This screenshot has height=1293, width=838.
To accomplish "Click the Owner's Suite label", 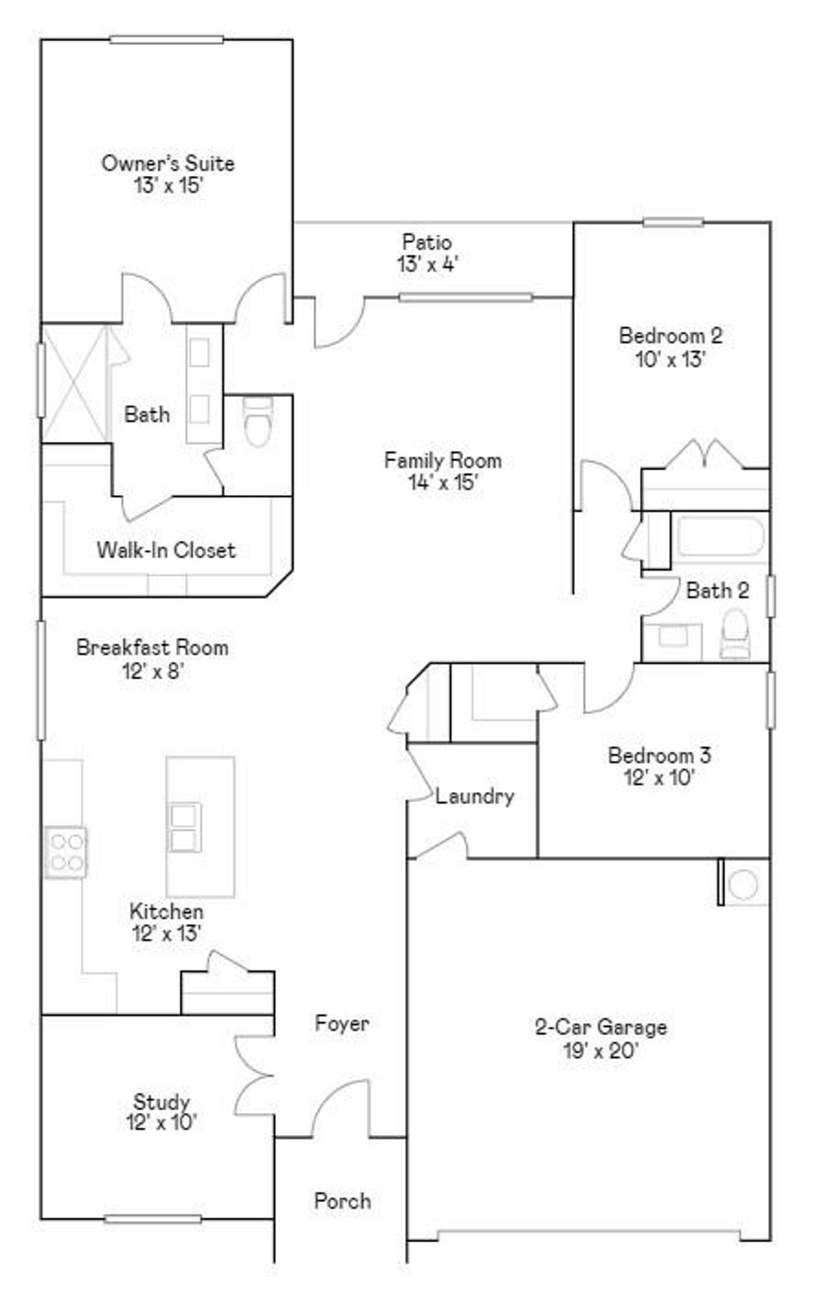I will point(168,163).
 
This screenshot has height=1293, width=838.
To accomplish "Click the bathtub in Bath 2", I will point(719,538).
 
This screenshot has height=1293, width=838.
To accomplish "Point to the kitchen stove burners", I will point(65,851).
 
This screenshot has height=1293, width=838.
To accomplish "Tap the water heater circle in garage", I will point(744,884).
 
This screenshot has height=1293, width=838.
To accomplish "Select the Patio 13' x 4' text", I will point(427,253).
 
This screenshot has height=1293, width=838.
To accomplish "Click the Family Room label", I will point(443,460).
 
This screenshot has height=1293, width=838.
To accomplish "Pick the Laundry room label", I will point(475,795).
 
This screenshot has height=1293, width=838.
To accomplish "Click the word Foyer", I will point(342,1023).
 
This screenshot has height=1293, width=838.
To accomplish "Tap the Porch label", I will point(342,1201).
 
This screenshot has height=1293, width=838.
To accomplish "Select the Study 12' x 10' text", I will point(162,1111).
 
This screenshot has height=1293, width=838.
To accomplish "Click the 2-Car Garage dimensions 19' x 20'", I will point(601,1050).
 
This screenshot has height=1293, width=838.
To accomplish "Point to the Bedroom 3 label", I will point(659,755).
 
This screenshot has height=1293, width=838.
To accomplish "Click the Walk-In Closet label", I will point(166,550).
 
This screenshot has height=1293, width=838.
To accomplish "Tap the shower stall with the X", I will point(74,383).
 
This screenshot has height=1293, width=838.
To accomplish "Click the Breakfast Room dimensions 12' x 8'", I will point(152,671).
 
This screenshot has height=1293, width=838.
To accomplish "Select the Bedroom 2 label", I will point(670,336).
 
